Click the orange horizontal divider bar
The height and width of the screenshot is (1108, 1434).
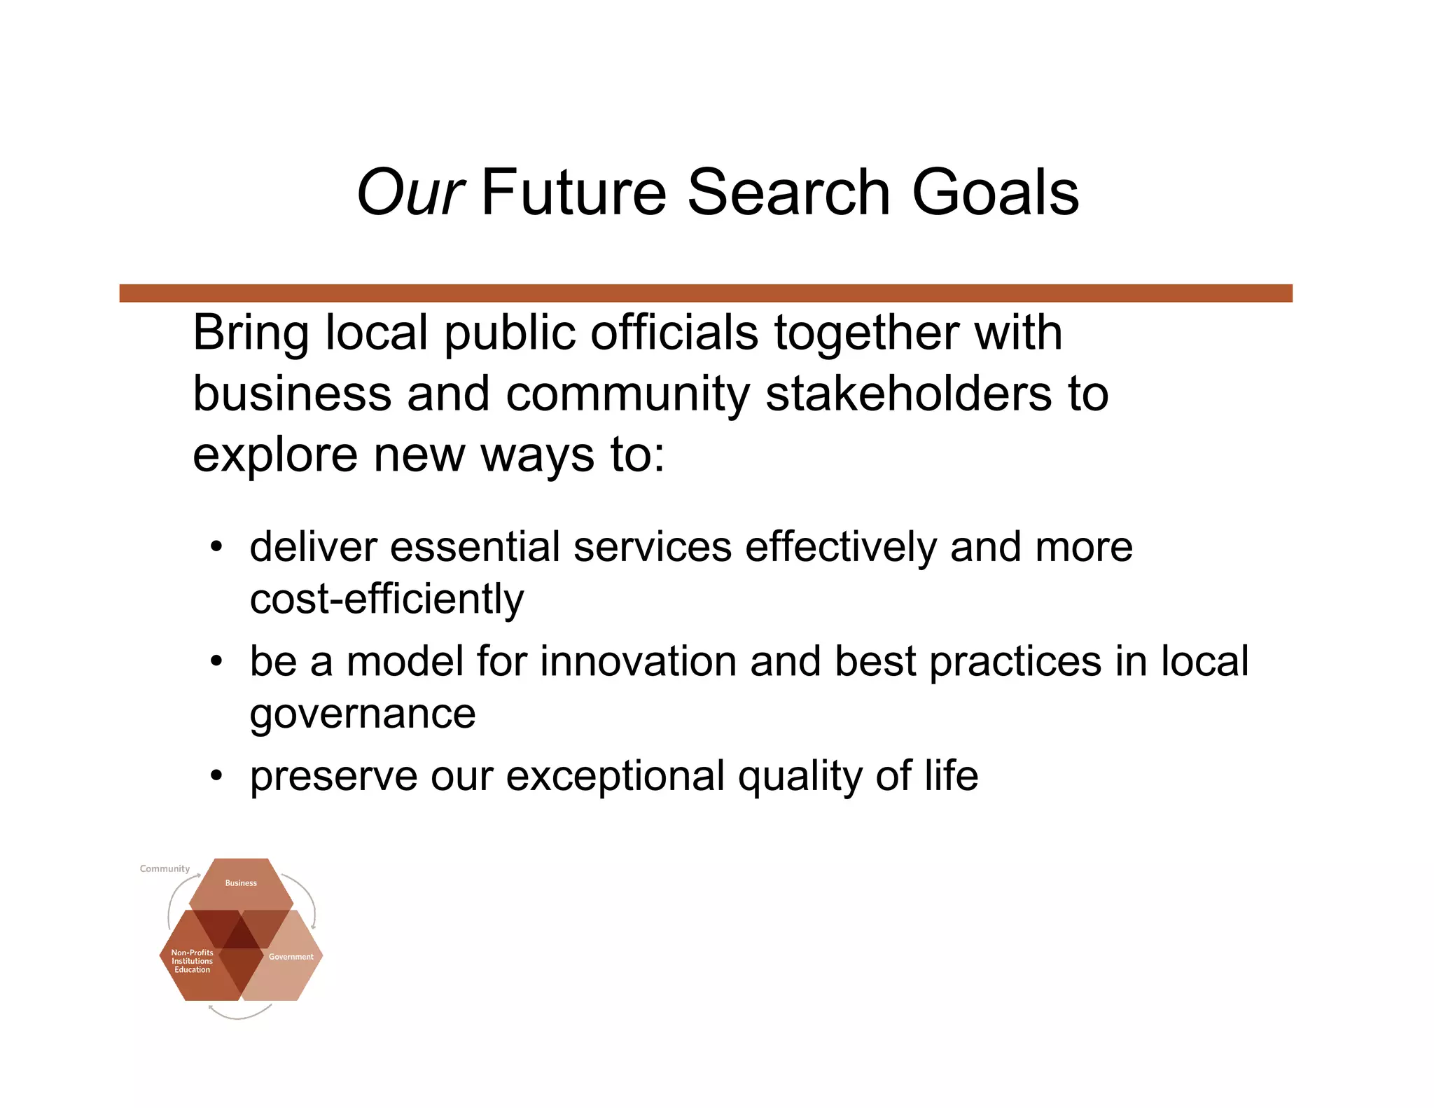click(706, 293)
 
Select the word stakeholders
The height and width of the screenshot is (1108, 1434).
click(908, 393)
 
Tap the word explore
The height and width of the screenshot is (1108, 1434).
click(275, 455)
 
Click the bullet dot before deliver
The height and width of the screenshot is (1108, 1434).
click(216, 546)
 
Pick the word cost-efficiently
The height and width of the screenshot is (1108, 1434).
click(387, 599)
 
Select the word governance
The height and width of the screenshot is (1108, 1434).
click(363, 714)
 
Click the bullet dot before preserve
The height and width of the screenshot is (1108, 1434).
click(216, 775)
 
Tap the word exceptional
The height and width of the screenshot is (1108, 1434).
click(615, 775)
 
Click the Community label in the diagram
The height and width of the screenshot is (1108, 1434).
click(165, 868)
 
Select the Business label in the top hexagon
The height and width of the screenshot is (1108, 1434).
click(241, 883)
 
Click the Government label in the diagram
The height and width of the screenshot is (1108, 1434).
click(291, 957)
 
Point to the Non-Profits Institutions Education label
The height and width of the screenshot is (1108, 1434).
click(192, 961)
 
